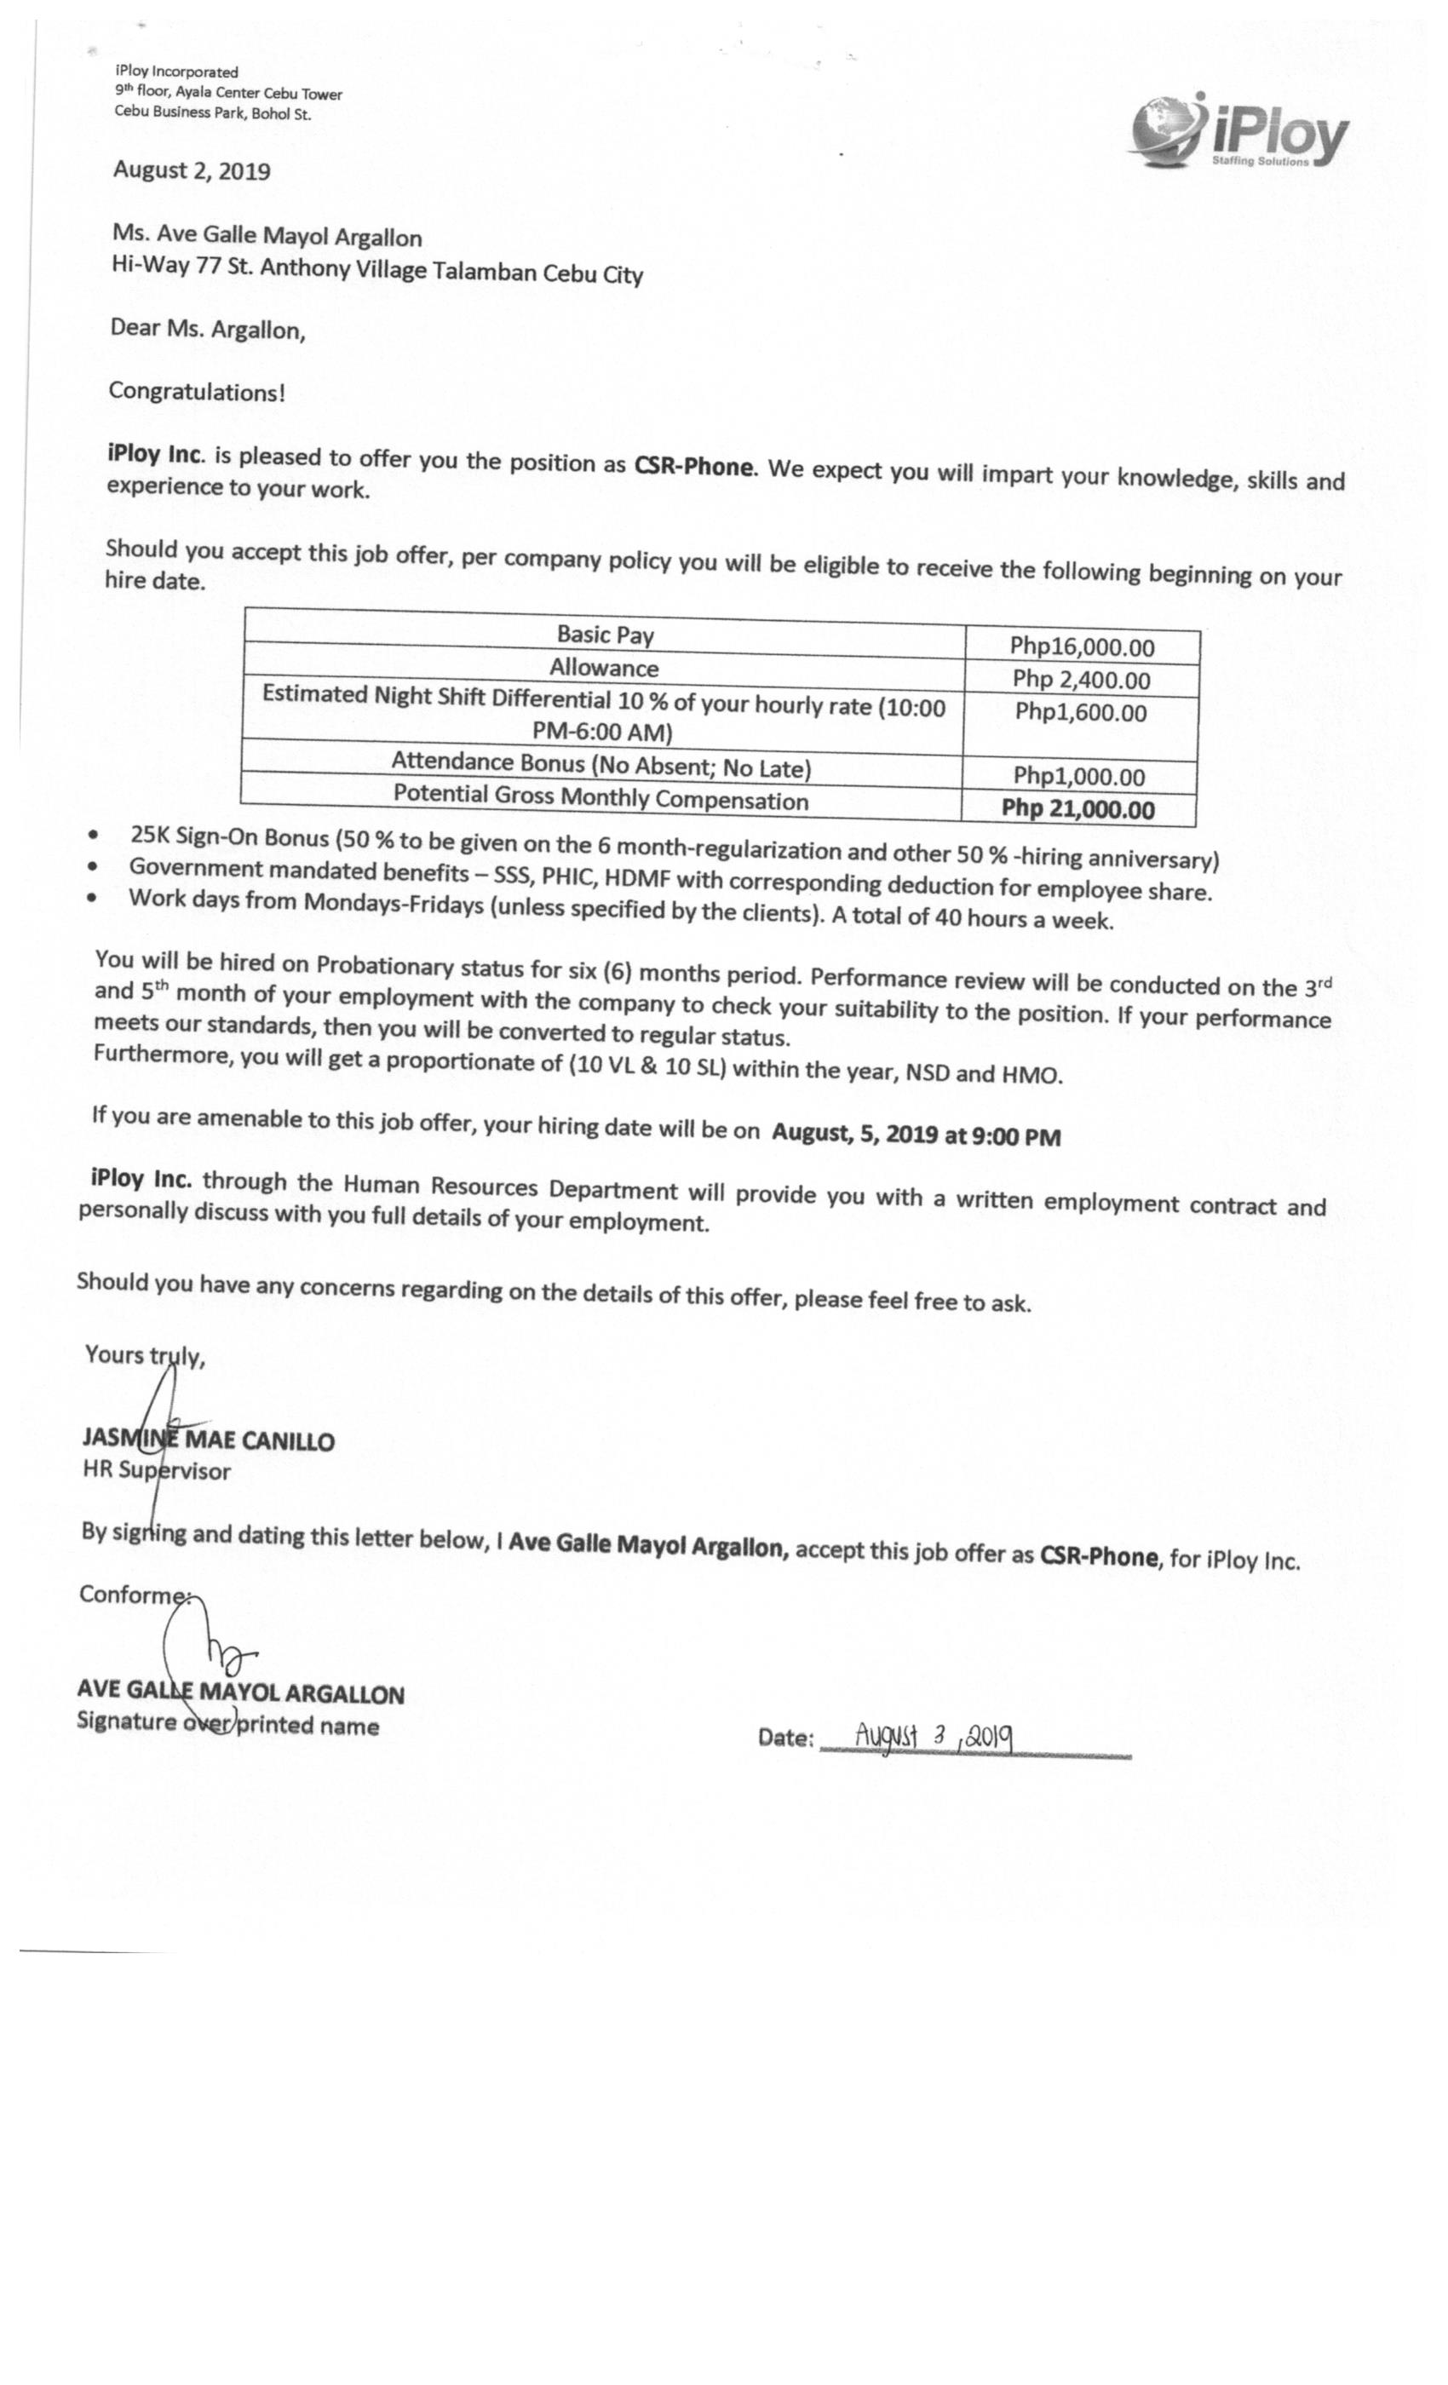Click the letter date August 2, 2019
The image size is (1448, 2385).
(192, 171)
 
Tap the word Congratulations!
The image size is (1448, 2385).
(197, 392)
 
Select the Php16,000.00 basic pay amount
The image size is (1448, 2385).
(1081, 647)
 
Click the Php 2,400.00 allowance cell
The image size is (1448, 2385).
(1080, 680)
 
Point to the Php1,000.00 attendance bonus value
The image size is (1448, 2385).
(1078, 776)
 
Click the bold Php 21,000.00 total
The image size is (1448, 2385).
(1077, 809)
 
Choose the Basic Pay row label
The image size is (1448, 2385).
(605, 635)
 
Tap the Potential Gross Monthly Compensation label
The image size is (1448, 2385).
(600, 797)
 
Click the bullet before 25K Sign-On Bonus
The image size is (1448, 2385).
(93, 833)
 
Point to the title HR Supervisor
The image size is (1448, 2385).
(157, 1471)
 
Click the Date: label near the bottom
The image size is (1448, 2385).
(785, 1738)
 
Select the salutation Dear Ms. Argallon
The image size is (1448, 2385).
(207, 329)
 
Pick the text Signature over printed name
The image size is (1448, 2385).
(227, 1725)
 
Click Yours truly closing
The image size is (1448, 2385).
(144, 1355)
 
